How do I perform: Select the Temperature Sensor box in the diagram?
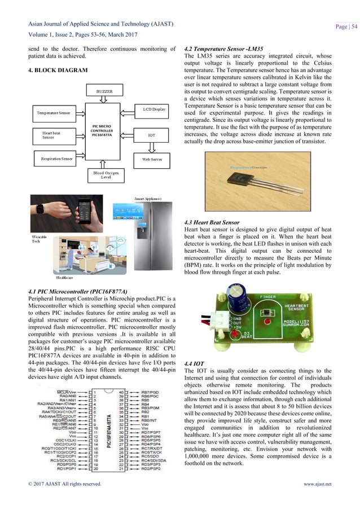54,113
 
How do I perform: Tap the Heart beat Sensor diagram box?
54,135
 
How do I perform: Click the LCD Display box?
154,109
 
